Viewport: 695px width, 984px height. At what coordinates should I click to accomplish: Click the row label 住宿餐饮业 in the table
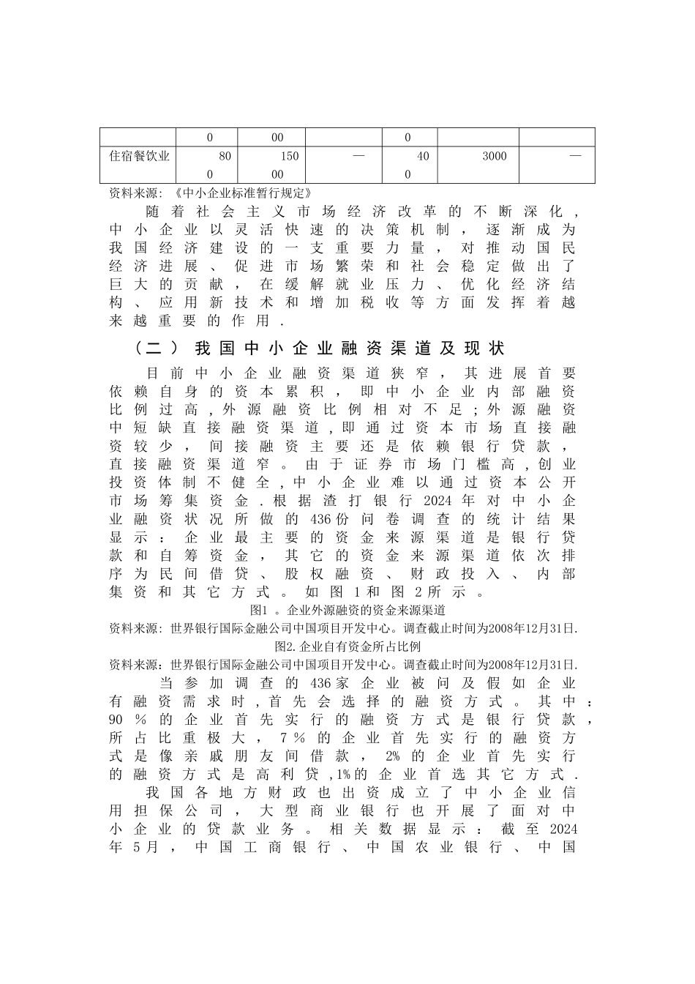click(x=139, y=156)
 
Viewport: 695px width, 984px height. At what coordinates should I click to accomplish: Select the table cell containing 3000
click(x=494, y=156)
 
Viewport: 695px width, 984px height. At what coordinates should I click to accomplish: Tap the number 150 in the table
click(x=290, y=156)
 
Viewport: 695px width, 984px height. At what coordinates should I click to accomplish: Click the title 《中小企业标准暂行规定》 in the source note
click(x=245, y=193)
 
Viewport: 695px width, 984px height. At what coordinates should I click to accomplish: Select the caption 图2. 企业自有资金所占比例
click(x=347, y=647)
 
